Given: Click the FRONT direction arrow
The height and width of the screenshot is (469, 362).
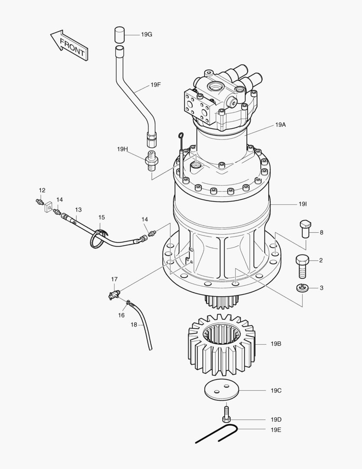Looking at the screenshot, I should (69, 46).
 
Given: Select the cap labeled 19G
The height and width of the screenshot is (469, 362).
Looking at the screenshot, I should (120, 34).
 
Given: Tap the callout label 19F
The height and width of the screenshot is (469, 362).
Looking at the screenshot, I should (156, 85).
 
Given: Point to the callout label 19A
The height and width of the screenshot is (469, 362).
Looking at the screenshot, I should (280, 125).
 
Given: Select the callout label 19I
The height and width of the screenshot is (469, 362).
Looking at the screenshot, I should (303, 204).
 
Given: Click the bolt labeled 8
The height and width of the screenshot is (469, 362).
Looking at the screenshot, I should (305, 228).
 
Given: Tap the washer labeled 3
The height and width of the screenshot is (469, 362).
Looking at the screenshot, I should (303, 288).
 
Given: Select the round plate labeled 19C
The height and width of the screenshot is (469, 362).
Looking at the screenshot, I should (222, 390).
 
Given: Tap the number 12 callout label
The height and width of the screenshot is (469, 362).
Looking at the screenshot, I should (42, 190).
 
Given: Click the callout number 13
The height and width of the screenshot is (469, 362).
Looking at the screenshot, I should (78, 209).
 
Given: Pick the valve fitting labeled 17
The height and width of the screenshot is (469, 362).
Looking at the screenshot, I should (114, 294).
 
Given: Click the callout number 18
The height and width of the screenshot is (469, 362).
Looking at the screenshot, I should (134, 324).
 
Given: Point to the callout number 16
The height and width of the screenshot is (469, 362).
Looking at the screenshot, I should (121, 315).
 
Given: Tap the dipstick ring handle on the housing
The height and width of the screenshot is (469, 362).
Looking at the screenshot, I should (180, 138).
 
